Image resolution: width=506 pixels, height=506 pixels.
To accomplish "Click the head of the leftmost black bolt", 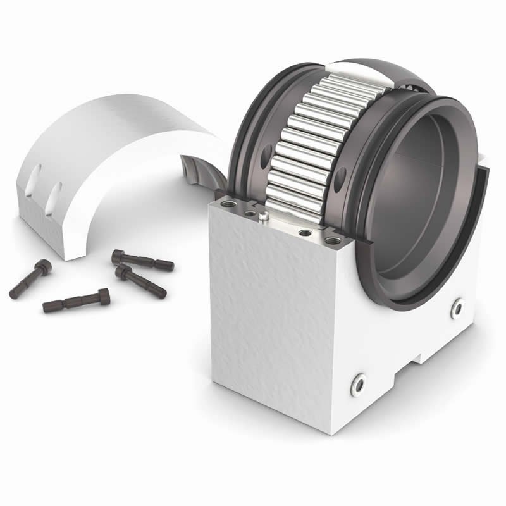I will pyautogui.click(x=42, y=266).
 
